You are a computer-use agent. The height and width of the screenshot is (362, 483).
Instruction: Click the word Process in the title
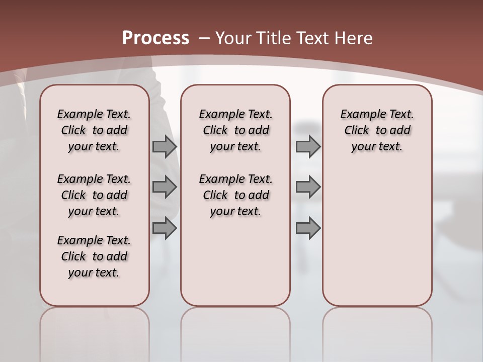[155, 38]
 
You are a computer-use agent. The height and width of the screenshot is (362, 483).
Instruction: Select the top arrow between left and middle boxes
[165, 147]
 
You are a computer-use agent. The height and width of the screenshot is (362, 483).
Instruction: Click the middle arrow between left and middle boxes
[165, 188]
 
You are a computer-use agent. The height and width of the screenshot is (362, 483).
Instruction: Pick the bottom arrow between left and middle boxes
[165, 228]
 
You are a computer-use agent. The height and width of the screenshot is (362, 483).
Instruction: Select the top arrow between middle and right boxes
[308, 147]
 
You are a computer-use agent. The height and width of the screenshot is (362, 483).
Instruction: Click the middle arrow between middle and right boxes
[308, 188]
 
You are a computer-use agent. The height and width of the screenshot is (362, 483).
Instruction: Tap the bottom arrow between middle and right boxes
[308, 228]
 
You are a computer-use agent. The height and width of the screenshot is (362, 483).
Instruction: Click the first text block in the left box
[94, 130]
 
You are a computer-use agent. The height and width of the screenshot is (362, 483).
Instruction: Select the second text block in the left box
[94, 195]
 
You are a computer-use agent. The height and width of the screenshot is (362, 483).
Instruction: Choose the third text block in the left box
[94, 256]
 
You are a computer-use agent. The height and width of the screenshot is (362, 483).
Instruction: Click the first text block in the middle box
[235, 130]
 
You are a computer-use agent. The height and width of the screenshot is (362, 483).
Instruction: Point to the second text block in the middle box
[235, 195]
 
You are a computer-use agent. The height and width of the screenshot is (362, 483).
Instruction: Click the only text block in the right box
[377, 130]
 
